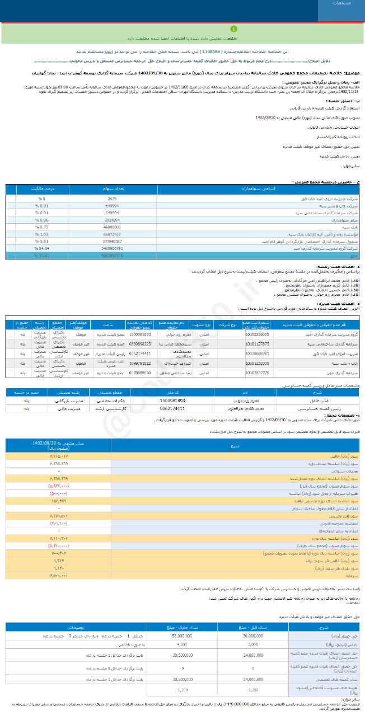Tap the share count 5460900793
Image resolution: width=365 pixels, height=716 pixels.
(112, 247)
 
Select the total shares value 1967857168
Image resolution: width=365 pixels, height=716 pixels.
(112, 255)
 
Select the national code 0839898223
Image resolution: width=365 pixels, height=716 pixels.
(140, 343)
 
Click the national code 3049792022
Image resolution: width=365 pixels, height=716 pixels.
(140, 362)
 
